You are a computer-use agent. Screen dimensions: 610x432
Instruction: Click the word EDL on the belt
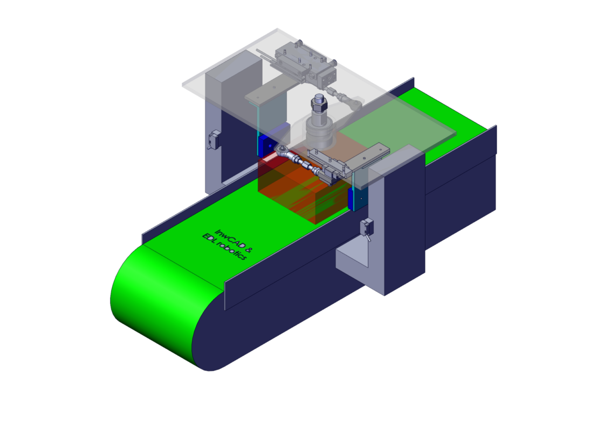pyautogui.click(x=209, y=238)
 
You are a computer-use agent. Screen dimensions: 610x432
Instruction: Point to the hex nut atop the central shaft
pyautogui.click(x=319, y=104)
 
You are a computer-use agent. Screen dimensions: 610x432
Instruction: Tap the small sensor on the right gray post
pyautogui.click(x=366, y=228)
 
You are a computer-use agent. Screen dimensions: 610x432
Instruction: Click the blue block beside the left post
pyautogui.click(x=268, y=145)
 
